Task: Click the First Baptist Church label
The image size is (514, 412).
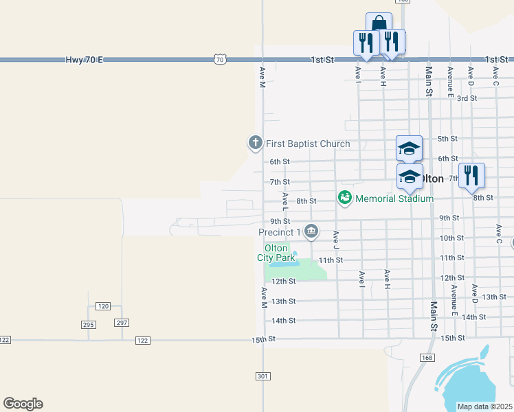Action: (x=308, y=144)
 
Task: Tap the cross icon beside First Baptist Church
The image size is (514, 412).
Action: (x=255, y=143)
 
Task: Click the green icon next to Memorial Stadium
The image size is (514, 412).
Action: (x=345, y=198)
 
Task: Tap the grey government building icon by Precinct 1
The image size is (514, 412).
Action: (x=311, y=231)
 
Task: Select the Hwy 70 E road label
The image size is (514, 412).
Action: (x=85, y=60)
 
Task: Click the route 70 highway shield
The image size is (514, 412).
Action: (x=219, y=60)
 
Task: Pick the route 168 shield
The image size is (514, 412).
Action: (x=427, y=357)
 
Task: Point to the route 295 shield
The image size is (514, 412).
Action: (x=88, y=323)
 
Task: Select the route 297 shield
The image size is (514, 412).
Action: (x=122, y=323)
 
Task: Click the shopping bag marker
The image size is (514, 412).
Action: (x=379, y=23)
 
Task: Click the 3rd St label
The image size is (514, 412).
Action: (x=467, y=98)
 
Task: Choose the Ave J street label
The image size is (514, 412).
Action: (x=336, y=238)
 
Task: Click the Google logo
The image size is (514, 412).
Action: (x=23, y=404)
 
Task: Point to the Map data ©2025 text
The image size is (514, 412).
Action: (x=485, y=407)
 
